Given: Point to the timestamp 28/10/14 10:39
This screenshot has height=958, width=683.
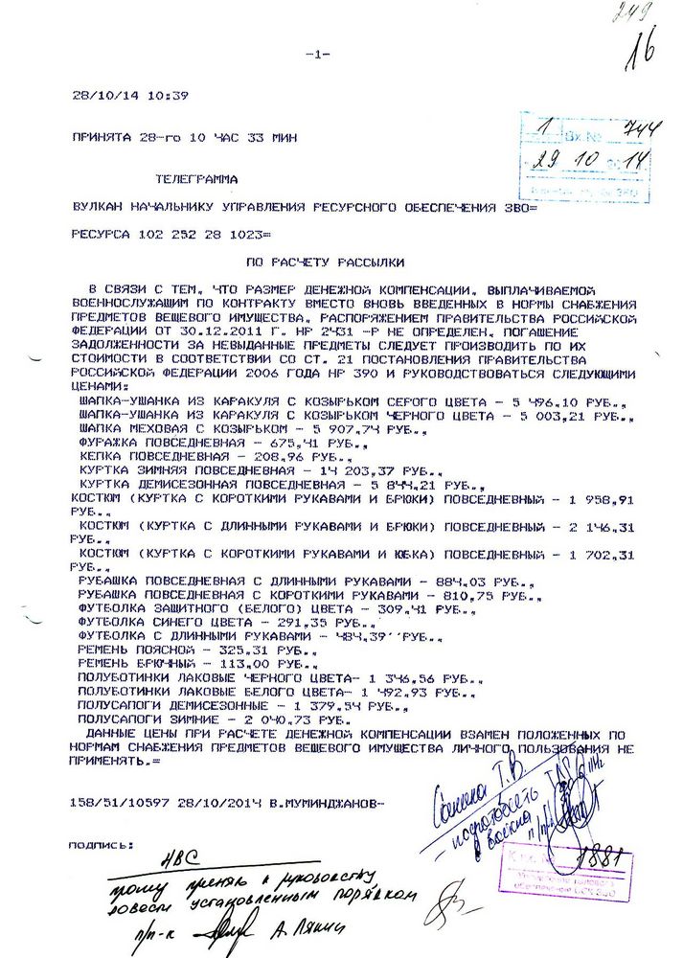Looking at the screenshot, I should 130,96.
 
